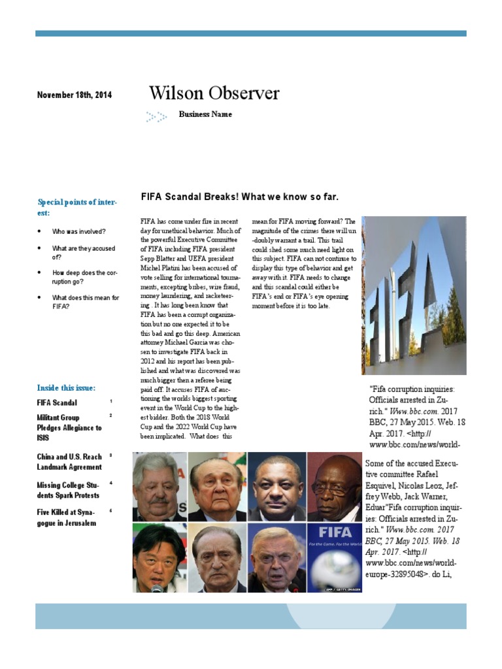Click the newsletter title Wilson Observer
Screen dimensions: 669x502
click(214, 93)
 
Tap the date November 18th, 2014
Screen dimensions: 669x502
click(74, 95)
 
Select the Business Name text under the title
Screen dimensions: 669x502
click(205, 114)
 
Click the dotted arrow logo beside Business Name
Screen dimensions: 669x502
click(156, 117)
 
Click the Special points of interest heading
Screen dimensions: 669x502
click(76, 207)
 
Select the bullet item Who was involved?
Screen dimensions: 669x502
click(78, 232)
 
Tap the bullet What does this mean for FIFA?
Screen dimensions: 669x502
click(85, 302)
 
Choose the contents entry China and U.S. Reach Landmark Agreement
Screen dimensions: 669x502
click(69, 462)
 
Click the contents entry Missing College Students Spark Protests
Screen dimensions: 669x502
click(69, 490)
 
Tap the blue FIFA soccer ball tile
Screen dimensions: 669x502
click(334, 557)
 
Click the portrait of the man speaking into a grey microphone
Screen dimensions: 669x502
click(159, 557)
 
